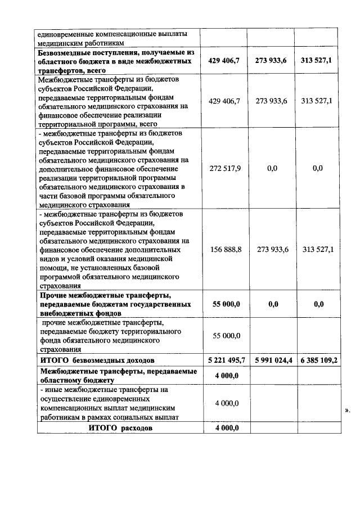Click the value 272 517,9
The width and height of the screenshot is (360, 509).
225,169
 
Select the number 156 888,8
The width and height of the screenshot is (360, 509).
225,249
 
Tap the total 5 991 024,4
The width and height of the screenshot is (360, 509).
274,359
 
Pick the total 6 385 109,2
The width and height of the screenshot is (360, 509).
319,359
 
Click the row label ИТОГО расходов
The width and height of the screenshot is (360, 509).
121,428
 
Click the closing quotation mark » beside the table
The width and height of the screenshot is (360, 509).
347,411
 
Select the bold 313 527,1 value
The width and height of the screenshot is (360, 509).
318,60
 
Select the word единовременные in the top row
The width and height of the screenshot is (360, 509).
62,33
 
